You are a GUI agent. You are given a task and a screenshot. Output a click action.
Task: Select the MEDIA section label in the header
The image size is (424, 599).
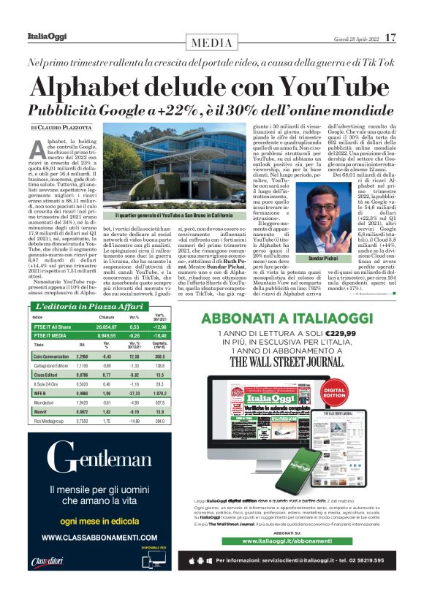tap(212, 42)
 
